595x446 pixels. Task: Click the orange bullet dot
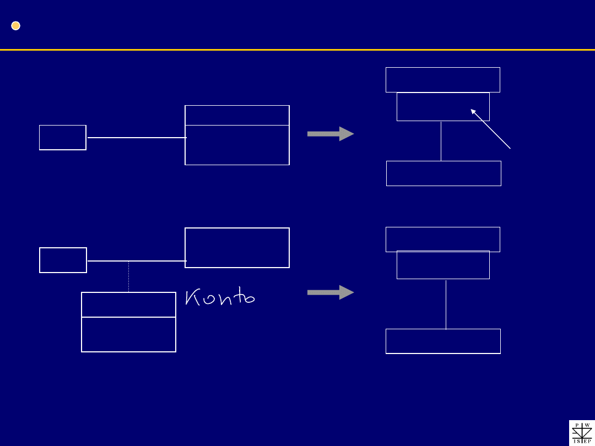coord(15,26)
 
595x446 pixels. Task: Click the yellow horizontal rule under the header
coord(297,50)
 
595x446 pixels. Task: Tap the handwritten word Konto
coord(220,297)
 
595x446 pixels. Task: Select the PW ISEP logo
coord(582,433)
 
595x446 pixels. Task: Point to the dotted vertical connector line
coord(128,276)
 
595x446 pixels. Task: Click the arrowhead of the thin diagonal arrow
coord(473,111)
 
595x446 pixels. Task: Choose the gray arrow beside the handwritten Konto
coord(331,292)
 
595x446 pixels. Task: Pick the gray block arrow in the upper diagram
coord(331,134)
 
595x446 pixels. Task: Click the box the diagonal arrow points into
coord(443,107)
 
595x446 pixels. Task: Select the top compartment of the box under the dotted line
coord(128,304)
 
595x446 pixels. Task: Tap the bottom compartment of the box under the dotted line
coord(128,335)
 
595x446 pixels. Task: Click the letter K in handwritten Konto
coord(192,297)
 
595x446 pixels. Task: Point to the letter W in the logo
coord(587,425)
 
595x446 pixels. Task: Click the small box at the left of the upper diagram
coord(63,137)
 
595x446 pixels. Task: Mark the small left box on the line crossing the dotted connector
coord(63,260)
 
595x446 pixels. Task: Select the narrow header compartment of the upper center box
coord(237,115)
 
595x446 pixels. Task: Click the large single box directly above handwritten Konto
coord(237,248)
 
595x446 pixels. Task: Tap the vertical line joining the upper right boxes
coord(441,141)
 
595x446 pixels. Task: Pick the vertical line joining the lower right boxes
coord(446,304)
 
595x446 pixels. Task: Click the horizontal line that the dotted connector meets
coord(137,261)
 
